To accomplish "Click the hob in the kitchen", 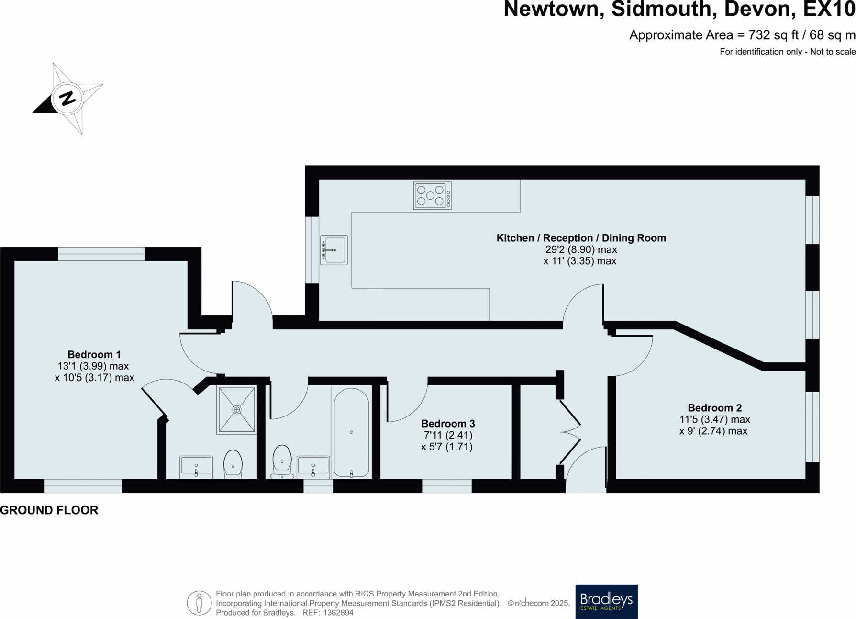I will click(x=432, y=195).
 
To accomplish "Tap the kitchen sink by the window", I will click(x=334, y=250).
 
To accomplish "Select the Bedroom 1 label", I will click(x=94, y=354).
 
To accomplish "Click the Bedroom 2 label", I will click(x=714, y=408).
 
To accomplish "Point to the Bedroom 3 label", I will click(x=448, y=424).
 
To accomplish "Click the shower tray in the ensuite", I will click(x=236, y=410).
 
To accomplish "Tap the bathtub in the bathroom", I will click(x=351, y=433).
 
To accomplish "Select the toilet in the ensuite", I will click(x=233, y=463).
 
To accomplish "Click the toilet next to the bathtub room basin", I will click(x=282, y=461).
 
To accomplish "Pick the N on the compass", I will click(x=67, y=98).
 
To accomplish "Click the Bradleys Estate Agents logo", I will click(x=606, y=601).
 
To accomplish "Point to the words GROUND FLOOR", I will click(x=49, y=510).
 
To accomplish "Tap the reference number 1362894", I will click(x=338, y=613).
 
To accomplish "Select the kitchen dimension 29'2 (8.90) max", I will click(x=581, y=249).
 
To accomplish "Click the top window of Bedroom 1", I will click(x=101, y=254).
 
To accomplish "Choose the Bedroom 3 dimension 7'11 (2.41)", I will click(x=448, y=435).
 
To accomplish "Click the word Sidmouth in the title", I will click(x=664, y=10).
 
